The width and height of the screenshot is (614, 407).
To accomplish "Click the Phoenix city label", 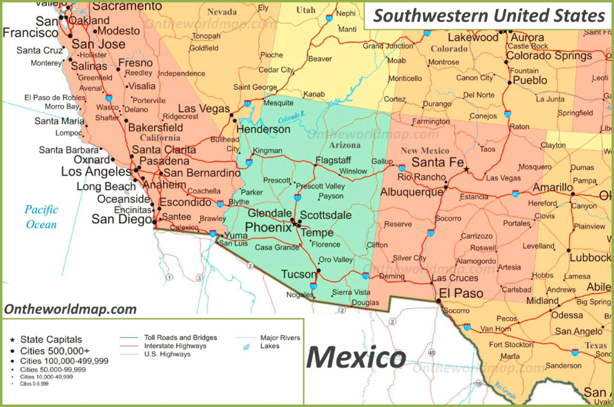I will [269, 228].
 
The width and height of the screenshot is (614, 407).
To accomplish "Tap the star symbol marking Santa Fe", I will [466, 169].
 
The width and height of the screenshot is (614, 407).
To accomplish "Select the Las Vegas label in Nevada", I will [204, 109].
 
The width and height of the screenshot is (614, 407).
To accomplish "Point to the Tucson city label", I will [299, 274].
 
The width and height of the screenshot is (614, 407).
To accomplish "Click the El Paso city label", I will [460, 294].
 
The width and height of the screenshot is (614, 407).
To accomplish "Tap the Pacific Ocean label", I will [41, 217].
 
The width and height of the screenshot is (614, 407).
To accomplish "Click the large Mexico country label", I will [356, 358].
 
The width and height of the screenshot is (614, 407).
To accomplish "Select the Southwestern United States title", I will [489, 16].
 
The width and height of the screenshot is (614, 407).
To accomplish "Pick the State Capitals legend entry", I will [51, 340].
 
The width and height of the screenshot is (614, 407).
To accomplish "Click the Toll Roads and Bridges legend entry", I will [180, 338].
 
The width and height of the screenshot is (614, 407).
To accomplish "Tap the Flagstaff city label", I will [333, 160].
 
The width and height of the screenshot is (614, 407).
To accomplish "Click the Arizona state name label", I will [345, 145].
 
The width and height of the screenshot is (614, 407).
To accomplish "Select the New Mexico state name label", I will [425, 150].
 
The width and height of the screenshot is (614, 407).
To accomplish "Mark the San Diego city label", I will [121, 220].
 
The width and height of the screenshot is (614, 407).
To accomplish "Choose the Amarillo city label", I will [552, 188].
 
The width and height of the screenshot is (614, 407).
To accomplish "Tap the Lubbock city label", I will [591, 258].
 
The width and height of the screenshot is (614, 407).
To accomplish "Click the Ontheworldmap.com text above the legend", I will [70, 310].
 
